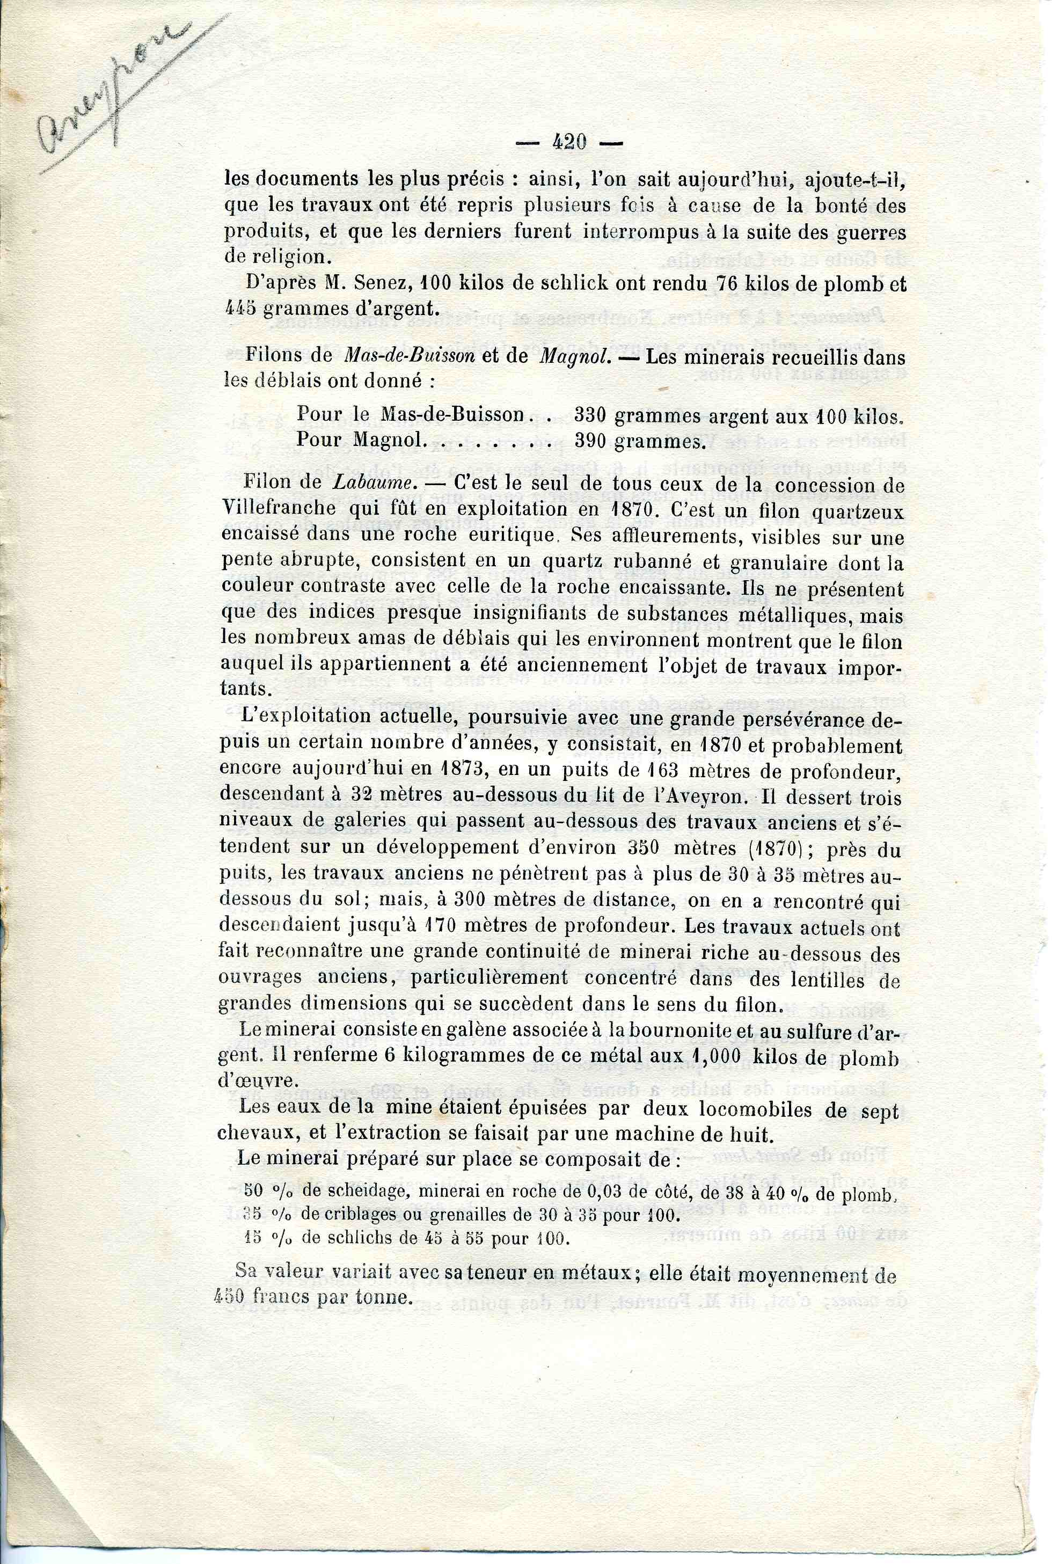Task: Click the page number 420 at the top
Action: [569, 142]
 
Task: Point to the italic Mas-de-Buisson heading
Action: [409, 356]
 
